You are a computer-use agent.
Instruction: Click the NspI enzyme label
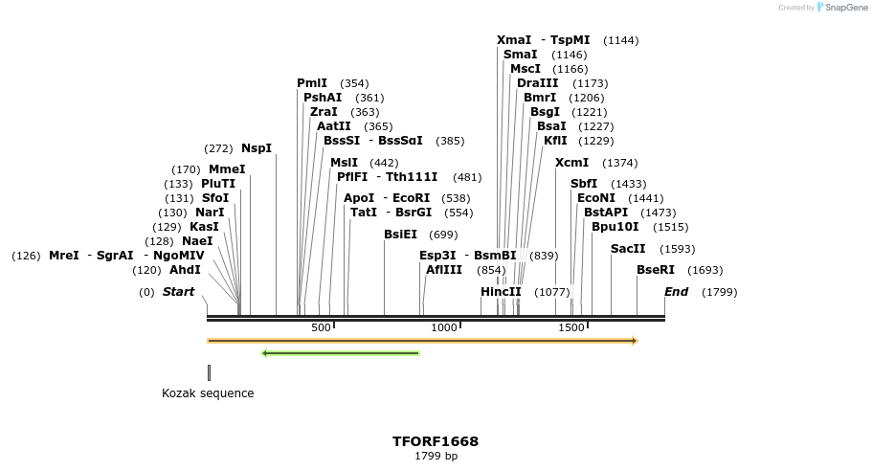click(x=257, y=148)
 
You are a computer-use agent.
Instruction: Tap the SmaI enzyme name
click(x=521, y=55)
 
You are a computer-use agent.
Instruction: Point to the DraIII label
click(x=537, y=83)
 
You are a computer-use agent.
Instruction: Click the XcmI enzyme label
click(x=571, y=163)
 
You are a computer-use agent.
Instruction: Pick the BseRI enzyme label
click(x=656, y=270)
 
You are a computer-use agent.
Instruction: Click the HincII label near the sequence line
click(x=501, y=291)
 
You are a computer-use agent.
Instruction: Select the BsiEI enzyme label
click(x=401, y=235)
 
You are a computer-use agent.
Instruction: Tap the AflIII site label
click(x=444, y=270)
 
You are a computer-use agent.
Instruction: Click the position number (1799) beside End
click(x=720, y=292)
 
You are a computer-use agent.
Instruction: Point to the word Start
click(x=178, y=291)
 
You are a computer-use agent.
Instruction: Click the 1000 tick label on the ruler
click(x=444, y=328)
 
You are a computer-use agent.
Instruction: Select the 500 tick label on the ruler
click(x=321, y=328)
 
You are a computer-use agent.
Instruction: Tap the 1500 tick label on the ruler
click(x=571, y=328)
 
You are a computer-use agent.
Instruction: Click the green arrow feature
click(x=341, y=353)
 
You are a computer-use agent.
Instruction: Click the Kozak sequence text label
click(x=208, y=393)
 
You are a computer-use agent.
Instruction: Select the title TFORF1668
click(x=436, y=441)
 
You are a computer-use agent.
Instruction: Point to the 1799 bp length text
click(x=436, y=457)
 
